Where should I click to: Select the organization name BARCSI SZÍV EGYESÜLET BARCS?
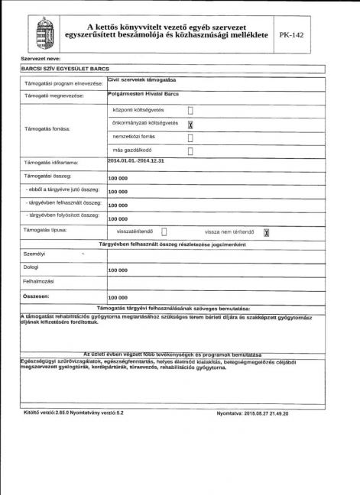click(61, 68)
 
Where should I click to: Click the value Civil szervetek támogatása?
click(142, 79)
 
